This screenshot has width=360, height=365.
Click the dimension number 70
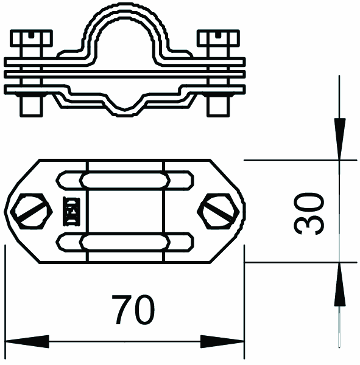(133, 310)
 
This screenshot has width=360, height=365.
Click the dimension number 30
(308, 214)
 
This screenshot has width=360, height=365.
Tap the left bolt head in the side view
(31, 38)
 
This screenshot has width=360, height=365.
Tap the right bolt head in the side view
(218, 38)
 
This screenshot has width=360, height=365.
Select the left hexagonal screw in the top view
(31, 211)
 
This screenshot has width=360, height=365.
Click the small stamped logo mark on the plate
(72, 212)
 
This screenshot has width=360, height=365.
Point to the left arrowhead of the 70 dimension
(27, 341)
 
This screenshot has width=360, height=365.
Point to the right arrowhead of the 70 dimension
(222, 341)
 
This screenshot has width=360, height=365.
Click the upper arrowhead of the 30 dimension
(339, 139)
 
